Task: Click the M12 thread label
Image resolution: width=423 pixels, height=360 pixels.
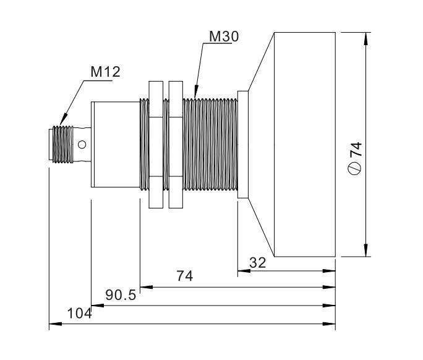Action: coord(106,72)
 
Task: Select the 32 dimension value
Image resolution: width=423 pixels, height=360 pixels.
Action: coord(257,262)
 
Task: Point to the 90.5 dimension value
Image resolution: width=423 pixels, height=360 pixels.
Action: coord(120,295)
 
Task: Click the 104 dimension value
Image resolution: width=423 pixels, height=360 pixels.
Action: coord(79,314)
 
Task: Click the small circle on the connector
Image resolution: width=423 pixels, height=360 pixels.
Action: coord(82,145)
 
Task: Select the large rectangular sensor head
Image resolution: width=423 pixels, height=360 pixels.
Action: coord(304,145)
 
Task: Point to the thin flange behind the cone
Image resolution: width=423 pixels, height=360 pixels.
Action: coord(243,145)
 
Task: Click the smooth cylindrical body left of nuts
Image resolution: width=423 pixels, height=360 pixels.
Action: coord(115,145)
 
